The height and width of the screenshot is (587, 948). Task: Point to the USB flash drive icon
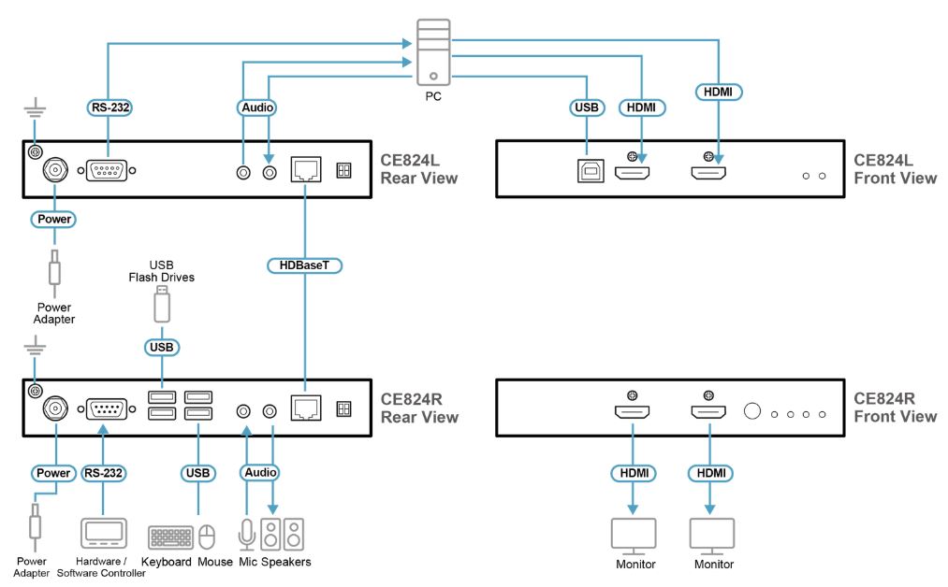162,304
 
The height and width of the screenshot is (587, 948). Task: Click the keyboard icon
170,537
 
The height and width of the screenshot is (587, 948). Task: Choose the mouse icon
208,537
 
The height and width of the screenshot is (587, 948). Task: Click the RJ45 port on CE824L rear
306,170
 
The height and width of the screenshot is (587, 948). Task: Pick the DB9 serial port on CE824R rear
105,409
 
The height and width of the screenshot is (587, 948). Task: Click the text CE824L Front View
894,169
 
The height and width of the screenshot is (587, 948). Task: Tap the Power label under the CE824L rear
53,219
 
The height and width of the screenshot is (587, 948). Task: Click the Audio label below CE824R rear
260,473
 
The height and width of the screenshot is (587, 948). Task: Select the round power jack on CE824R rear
53,408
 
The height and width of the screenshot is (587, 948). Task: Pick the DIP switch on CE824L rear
343,170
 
